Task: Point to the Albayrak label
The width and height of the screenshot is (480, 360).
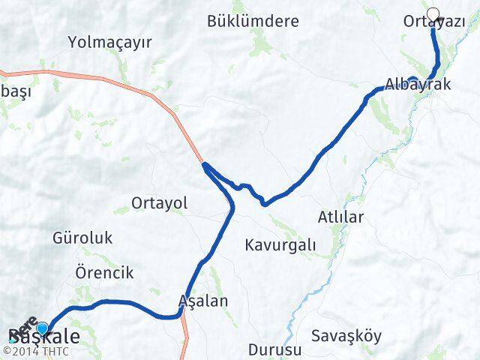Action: (x=418, y=85)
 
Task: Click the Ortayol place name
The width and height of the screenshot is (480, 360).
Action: (x=159, y=203)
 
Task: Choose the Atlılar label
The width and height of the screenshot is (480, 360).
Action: (x=340, y=218)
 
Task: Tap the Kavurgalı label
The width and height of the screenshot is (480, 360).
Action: (x=280, y=244)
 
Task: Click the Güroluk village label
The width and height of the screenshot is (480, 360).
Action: (x=82, y=238)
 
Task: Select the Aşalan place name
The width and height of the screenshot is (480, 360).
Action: (x=203, y=301)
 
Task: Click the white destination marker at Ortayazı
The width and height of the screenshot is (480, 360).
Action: (x=433, y=13)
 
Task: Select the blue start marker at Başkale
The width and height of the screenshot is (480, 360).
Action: (x=43, y=328)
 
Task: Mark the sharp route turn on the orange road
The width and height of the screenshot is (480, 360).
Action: (x=204, y=164)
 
